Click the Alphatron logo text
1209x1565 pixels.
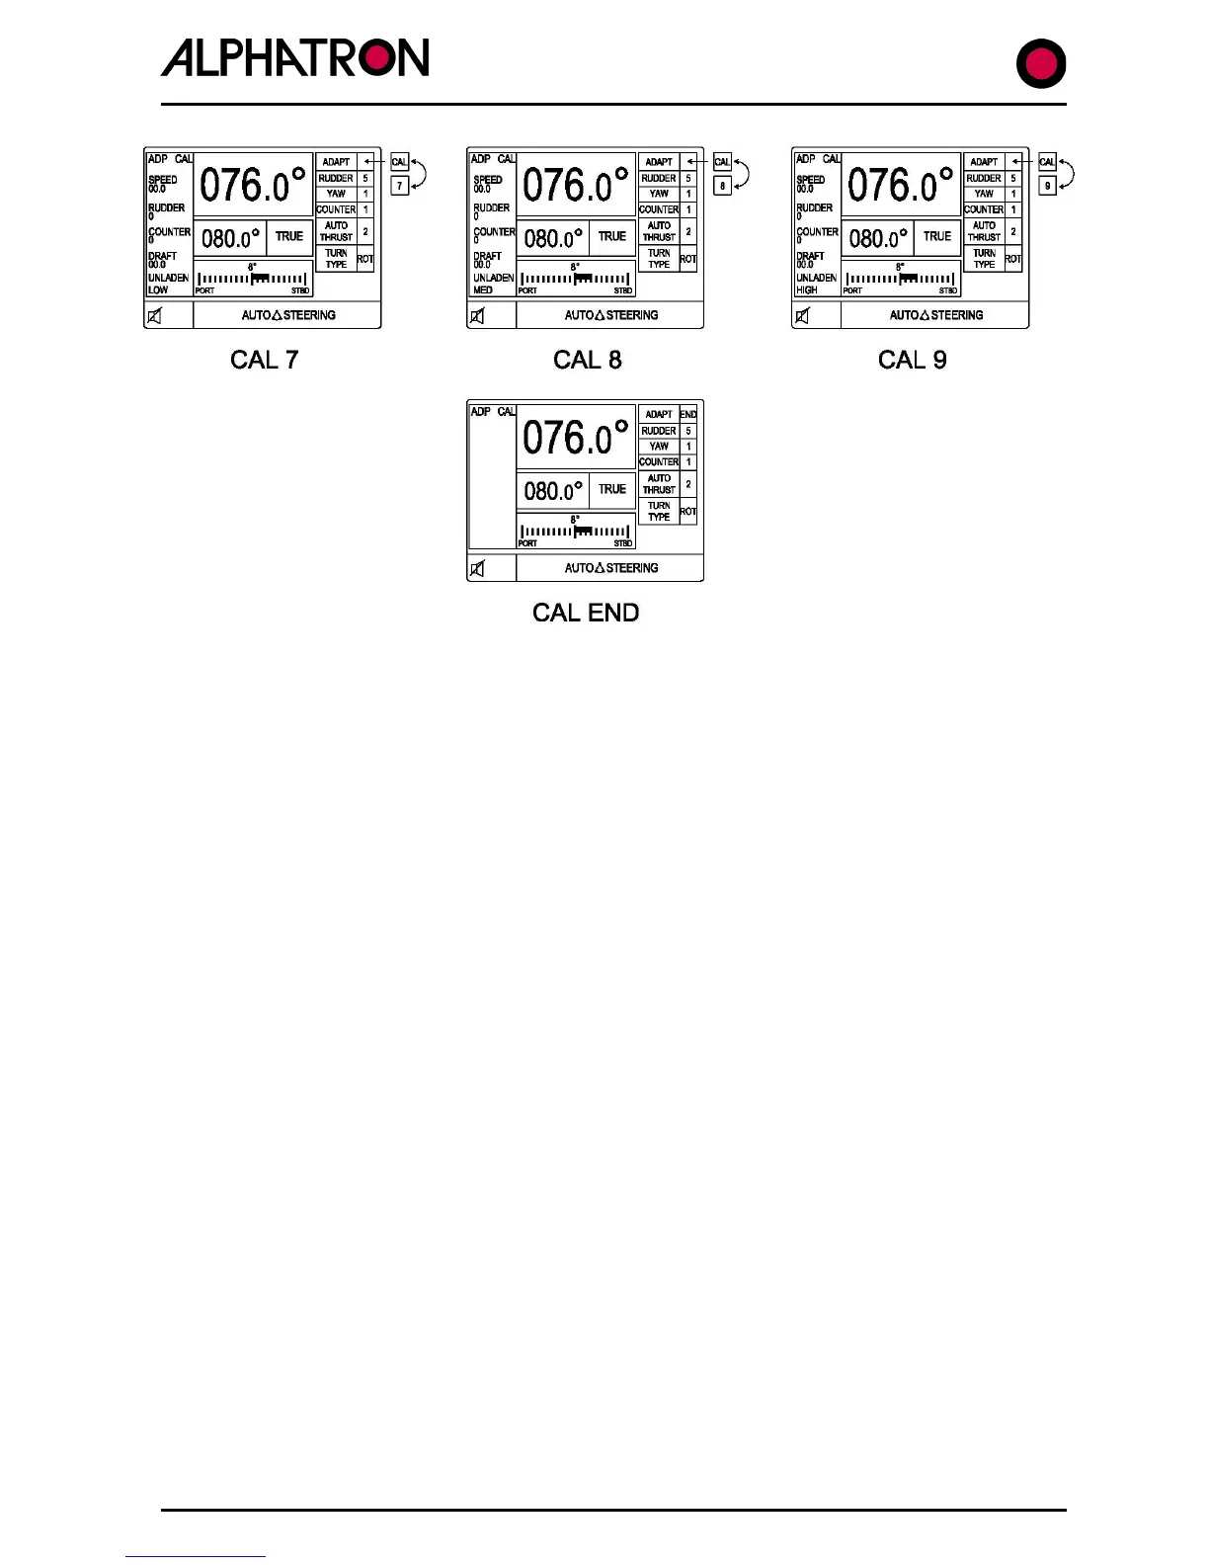pos(294,58)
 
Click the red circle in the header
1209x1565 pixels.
pos(1041,64)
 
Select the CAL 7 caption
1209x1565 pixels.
pos(264,360)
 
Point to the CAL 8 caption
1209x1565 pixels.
pos(587,360)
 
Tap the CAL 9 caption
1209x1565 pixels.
pos(912,360)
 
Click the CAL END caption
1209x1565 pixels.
pos(586,613)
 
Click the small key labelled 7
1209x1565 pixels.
pos(399,185)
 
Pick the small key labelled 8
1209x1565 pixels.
pos(722,185)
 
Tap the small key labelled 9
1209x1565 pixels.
pos(1047,185)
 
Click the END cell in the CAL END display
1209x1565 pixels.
pos(688,414)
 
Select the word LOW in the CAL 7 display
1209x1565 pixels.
pos(158,290)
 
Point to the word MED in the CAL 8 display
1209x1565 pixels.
pos(483,290)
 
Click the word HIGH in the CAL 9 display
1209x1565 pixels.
pos(807,290)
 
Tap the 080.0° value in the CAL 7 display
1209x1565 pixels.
pos(230,238)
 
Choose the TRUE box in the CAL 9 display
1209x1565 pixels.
pos(936,237)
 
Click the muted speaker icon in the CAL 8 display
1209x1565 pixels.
pos(478,316)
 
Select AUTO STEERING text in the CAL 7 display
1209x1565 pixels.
pos(288,315)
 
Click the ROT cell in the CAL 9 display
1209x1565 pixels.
pos(1012,259)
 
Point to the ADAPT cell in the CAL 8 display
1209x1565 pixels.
pos(659,162)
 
